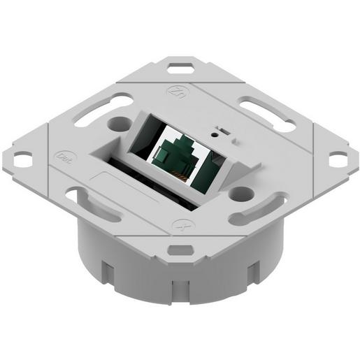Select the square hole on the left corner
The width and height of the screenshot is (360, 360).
tap(22, 160)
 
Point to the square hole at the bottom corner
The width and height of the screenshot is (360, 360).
tap(178, 249)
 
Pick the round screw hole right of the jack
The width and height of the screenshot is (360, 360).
tap(242, 192)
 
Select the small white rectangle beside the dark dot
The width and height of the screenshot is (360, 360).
tap(224, 131)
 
